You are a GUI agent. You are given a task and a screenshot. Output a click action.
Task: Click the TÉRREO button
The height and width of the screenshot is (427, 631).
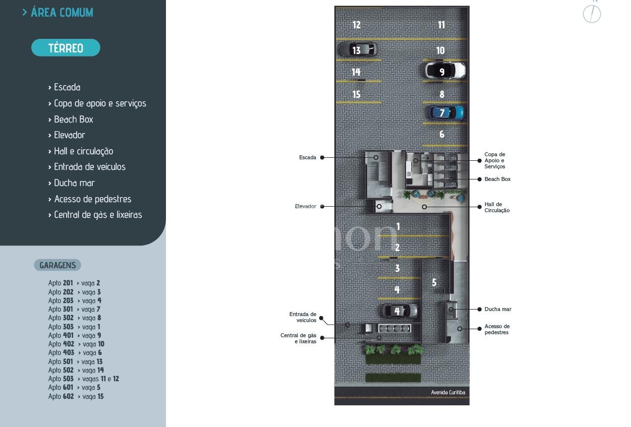click(x=66, y=48)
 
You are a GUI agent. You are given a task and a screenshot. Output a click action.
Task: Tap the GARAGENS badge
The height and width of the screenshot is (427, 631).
click(x=58, y=265)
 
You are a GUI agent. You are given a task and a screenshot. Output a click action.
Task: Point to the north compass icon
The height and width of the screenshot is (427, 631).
click(x=592, y=14)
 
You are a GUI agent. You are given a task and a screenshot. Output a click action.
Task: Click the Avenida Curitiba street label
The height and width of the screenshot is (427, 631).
click(x=448, y=392)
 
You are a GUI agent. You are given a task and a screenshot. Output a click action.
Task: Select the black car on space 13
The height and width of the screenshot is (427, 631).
click(x=358, y=49)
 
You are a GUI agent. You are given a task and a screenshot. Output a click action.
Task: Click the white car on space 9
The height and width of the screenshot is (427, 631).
click(x=445, y=71)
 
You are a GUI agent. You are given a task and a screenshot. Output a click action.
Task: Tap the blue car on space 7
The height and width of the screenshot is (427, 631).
click(x=446, y=112)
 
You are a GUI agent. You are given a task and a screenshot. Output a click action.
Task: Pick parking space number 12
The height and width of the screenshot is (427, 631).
click(x=357, y=25)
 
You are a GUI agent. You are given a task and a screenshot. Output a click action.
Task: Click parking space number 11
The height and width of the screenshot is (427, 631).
click(x=441, y=25)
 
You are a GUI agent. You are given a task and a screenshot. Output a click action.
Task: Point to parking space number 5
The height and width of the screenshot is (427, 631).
click(x=434, y=283)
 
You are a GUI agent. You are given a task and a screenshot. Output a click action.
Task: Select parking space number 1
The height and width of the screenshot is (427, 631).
click(x=398, y=226)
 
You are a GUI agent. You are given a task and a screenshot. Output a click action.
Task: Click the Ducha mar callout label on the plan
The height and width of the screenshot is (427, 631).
click(x=497, y=309)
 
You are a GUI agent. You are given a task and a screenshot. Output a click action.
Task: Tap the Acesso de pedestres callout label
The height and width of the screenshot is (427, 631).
click(x=497, y=329)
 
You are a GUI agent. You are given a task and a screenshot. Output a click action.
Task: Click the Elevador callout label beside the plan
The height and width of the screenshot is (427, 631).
click(x=306, y=206)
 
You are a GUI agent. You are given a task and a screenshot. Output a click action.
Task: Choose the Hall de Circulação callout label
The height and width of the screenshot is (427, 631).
click(x=497, y=207)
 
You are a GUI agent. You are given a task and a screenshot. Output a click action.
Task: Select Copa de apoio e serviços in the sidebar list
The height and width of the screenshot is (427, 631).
click(x=100, y=103)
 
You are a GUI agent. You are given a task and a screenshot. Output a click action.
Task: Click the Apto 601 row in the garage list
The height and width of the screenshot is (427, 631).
click(x=74, y=387)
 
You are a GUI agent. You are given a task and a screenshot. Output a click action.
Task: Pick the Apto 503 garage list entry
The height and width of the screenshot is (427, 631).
click(x=84, y=379)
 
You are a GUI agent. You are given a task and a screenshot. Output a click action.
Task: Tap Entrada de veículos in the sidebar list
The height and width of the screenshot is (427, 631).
click(x=89, y=167)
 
